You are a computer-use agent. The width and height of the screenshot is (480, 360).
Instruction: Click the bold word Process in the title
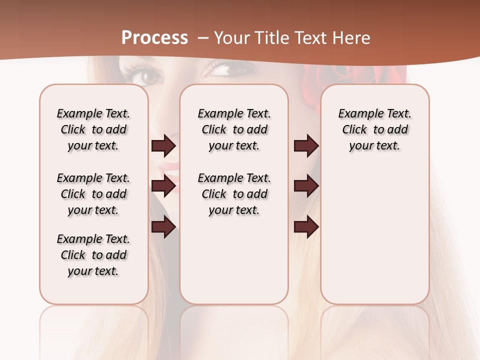(154, 38)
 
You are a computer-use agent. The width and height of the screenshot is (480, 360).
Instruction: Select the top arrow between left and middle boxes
(163, 146)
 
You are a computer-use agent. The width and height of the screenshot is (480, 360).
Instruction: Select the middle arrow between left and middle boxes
(163, 186)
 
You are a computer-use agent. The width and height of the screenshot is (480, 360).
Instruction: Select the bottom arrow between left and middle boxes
(163, 227)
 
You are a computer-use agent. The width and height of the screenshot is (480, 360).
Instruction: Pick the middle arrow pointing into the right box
(306, 186)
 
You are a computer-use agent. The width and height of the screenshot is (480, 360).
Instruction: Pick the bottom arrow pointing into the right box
(306, 227)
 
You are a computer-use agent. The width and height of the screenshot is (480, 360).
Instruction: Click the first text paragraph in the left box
(93, 129)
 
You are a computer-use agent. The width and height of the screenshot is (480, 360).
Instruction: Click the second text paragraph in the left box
(93, 194)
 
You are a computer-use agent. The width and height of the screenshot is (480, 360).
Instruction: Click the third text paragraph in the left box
(93, 255)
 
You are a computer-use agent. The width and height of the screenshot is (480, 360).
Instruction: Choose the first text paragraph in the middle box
(234, 129)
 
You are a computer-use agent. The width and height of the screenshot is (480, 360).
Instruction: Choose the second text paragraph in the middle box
(234, 194)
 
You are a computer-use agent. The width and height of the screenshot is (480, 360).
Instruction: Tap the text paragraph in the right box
(375, 129)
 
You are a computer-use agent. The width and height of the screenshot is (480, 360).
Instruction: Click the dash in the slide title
(203, 38)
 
